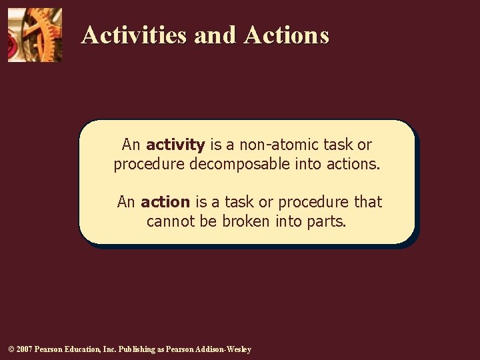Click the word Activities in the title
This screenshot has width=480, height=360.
click(134, 35)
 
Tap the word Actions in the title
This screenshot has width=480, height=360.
click(287, 35)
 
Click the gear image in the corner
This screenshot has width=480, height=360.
click(35, 35)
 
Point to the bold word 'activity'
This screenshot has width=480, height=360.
click(175, 145)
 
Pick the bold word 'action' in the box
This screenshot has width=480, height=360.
click(165, 202)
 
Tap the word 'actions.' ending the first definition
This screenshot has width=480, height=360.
click(353, 164)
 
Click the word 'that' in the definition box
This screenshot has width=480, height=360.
click(367, 202)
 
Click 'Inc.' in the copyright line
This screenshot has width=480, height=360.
click(115, 349)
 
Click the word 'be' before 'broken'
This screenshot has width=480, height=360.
click(207, 221)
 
